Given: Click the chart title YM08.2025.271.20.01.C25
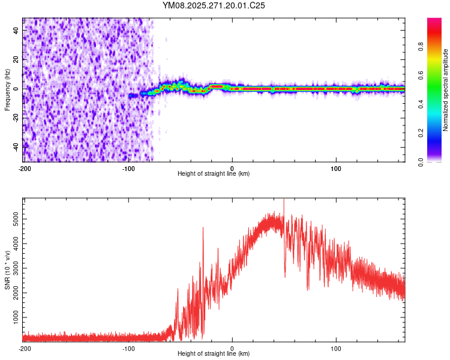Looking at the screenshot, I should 214,5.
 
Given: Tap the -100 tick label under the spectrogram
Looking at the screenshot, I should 128,168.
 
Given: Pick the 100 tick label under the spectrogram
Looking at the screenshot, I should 336,168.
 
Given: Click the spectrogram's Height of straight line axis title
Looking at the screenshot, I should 214,174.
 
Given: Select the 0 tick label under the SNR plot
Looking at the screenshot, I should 232,349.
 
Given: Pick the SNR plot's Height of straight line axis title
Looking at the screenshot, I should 214,355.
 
